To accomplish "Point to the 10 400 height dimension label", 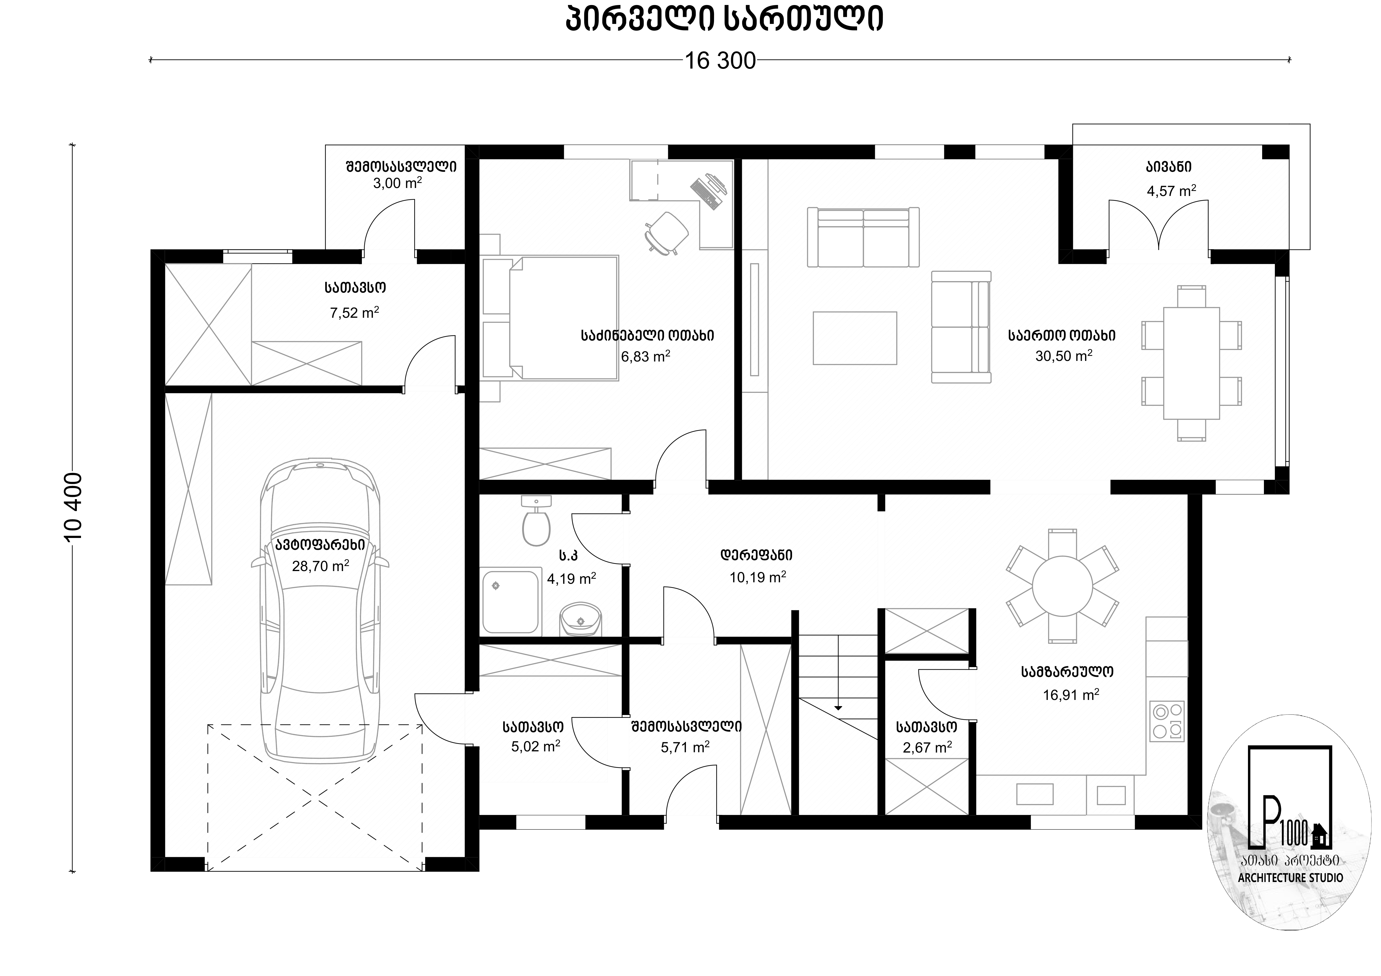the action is click(x=73, y=507).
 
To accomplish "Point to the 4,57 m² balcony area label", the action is click(x=1171, y=191).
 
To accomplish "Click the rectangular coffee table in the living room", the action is click(x=855, y=338).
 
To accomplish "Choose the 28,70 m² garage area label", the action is click(x=320, y=566).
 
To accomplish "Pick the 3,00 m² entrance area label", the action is click(x=397, y=183).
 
